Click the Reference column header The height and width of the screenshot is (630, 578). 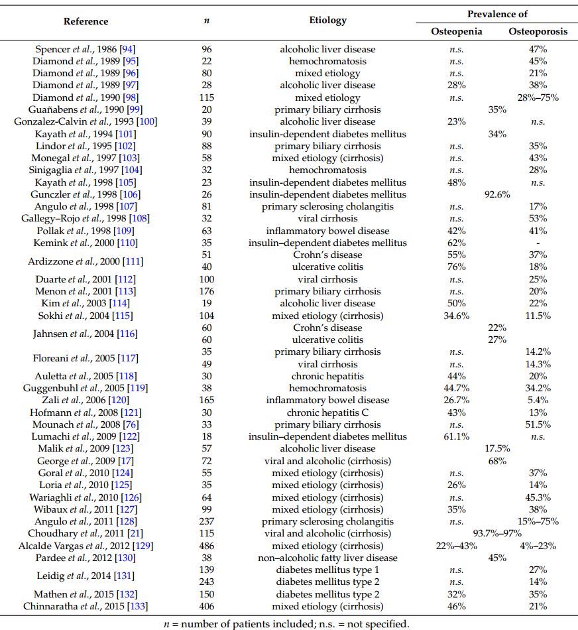pyautogui.click(x=86, y=21)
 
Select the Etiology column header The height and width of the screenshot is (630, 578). pyautogui.click(x=327, y=20)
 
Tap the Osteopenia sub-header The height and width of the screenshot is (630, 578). pyautogui.click(x=457, y=32)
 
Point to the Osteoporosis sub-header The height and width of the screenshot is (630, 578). pyautogui.click(x=538, y=32)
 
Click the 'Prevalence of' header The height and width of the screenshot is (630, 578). pyautogui.click(x=497, y=14)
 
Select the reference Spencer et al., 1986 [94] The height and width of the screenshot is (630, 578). pyautogui.click(x=86, y=49)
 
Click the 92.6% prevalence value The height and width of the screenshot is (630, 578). pyautogui.click(x=497, y=194)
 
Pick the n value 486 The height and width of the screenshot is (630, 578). pyautogui.click(x=206, y=546)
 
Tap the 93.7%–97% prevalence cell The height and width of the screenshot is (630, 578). pyautogui.click(x=497, y=533)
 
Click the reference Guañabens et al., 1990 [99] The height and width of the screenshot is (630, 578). pyautogui.click(x=86, y=109)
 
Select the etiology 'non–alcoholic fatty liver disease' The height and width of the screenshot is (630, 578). pyautogui.click(x=327, y=558)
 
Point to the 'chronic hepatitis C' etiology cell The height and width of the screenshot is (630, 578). pyautogui.click(x=327, y=412)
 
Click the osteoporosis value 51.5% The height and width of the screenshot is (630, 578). pyautogui.click(x=538, y=424)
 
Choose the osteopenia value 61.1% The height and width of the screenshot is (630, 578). pyautogui.click(x=457, y=436)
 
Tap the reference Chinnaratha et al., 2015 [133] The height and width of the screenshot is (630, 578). pyautogui.click(x=86, y=606)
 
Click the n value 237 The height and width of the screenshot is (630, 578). pyautogui.click(x=206, y=521)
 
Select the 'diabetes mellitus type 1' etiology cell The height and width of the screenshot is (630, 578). pyautogui.click(x=327, y=570)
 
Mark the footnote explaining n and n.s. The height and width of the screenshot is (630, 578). pyautogui.click(x=286, y=623)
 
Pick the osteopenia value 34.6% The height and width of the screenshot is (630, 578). pyautogui.click(x=457, y=316)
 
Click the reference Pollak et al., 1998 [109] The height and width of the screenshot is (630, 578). pyautogui.click(x=86, y=231)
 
